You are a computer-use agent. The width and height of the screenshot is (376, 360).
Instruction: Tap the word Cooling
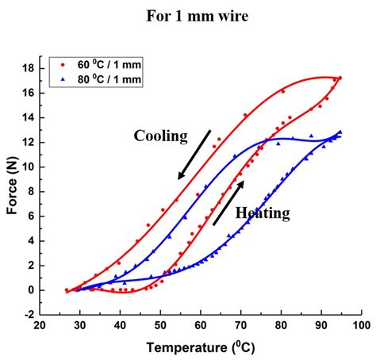[x=160, y=136]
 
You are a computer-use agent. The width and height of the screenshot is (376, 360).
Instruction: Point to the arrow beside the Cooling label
[x=194, y=154]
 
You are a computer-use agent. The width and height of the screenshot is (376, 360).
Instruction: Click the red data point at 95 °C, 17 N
[x=340, y=78]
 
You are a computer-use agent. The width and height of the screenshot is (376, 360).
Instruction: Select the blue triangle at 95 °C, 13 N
[x=340, y=132]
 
